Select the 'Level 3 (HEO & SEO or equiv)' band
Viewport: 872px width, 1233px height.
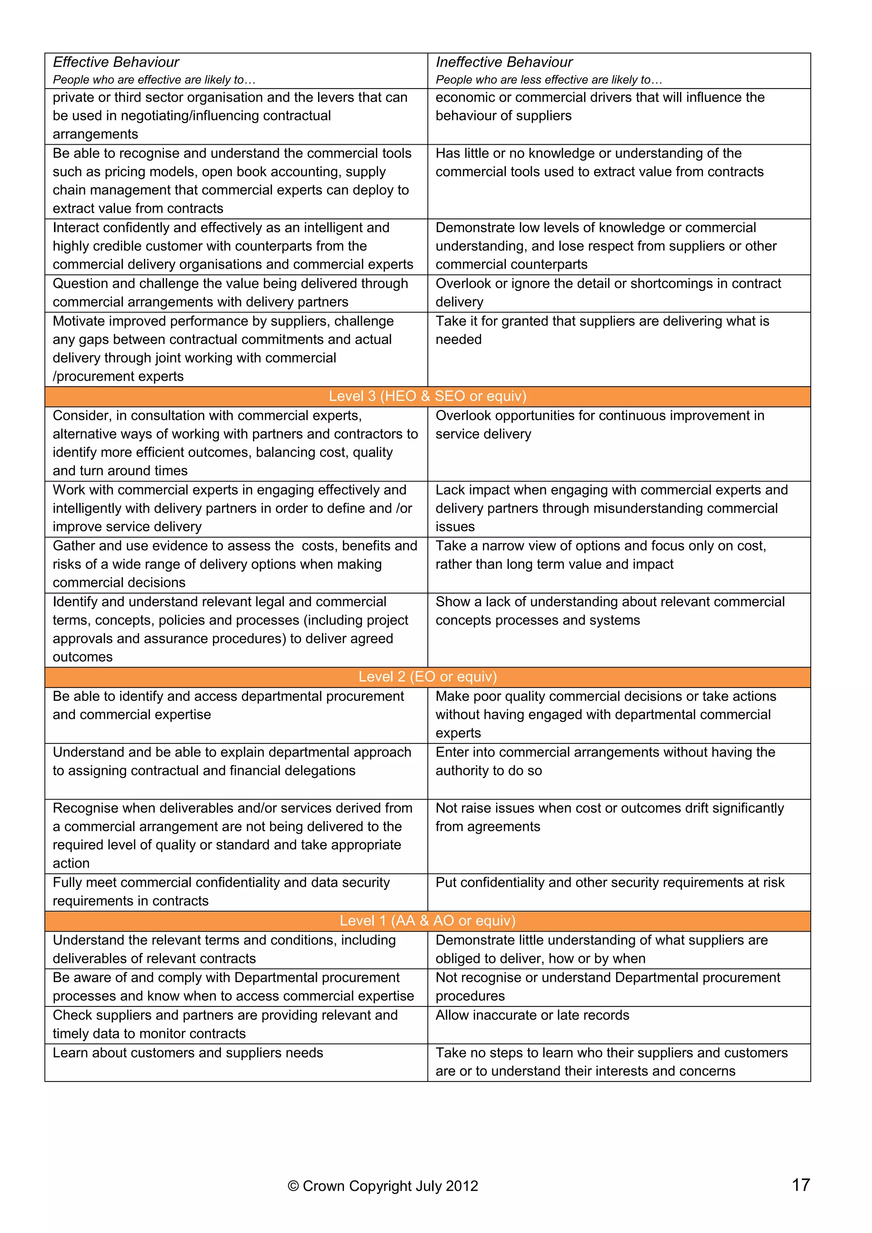(x=427, y=396)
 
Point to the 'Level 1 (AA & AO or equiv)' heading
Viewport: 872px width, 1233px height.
(x=427, y=920)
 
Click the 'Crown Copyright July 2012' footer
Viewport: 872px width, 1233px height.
(x=383, y=1186)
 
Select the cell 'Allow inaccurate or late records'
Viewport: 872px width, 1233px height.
(x=532, y=1015)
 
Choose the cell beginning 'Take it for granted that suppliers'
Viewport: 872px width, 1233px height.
(x=602, y=330)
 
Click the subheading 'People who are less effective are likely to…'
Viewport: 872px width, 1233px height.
(x=549, y=80)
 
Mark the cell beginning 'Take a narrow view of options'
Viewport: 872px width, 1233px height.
(x=601, y=555)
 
